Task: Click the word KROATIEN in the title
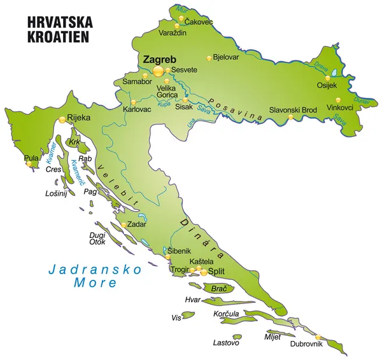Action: (x=59, y=36)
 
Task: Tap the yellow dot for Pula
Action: (x=29, y=164)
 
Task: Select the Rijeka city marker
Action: (x=62, y=119)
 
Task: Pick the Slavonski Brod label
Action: (x=293, y=109)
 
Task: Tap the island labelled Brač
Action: (x=219, y=289)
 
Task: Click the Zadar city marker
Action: (x=124, y=224)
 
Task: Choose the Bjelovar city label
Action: (x=226, y=57)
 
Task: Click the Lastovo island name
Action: (x=226, y=343)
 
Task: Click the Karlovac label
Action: (x=137, y=109)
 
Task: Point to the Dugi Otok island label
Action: (x=97, y=238)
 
